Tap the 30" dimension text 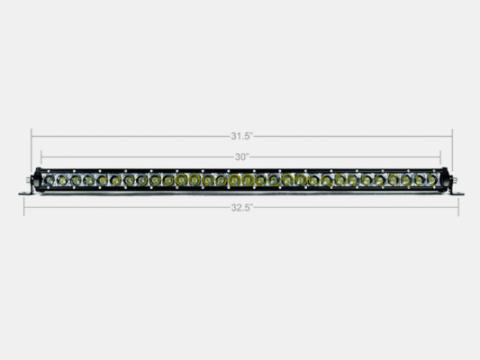click(241, 156)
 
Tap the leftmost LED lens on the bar click(50, 180)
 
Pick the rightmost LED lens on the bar click(432, 180)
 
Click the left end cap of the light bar click(37, 180)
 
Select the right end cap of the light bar click(446, 180)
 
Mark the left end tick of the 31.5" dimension click(31, 135)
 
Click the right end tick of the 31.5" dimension click(452, 135)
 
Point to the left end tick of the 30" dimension click(41, 156)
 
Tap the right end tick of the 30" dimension click(441, 156)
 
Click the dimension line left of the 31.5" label click(130, 135)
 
